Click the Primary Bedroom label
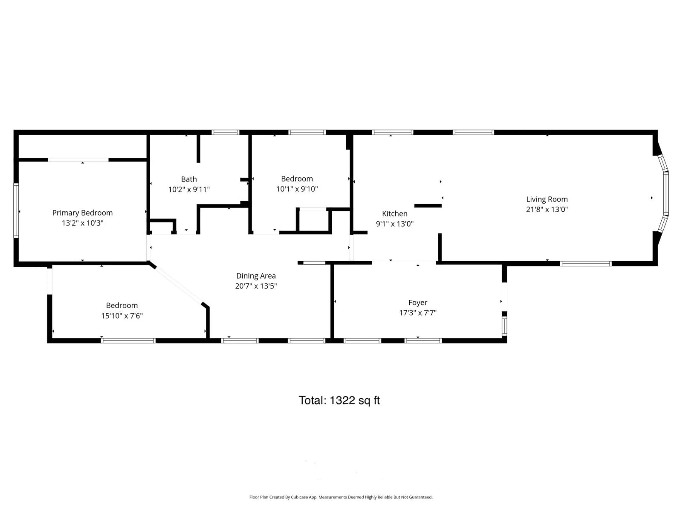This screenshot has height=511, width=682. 82,213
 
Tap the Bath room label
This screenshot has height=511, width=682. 189,179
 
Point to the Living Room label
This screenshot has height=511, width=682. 547,199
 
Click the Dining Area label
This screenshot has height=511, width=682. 256,276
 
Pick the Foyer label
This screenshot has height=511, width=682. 418,303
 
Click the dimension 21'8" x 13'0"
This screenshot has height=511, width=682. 547,209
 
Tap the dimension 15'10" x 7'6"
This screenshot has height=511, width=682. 122,316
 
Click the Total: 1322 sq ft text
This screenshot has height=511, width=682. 339,400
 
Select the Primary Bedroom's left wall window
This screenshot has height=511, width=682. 16,210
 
